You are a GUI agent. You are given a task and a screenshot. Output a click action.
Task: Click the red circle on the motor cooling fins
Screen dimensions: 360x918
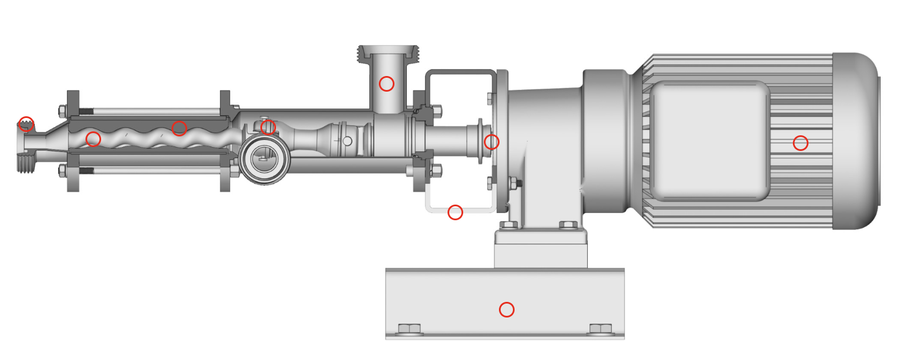[x=800, y=143]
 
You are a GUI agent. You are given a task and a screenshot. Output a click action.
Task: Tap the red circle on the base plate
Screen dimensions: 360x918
[x=506, y=309]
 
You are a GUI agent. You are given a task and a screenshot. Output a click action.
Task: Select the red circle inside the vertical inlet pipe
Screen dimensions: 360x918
[x=386, y=84]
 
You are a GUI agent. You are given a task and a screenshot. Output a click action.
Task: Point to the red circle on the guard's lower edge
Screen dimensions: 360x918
[x=455, y=212]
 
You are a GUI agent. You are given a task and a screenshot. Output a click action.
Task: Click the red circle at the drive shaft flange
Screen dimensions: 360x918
[x=491, y=142]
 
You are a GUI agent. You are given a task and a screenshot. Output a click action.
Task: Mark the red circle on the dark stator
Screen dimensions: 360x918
[x=179, y=128]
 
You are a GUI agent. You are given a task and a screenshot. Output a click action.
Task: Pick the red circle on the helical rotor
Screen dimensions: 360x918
[x=93, y=139]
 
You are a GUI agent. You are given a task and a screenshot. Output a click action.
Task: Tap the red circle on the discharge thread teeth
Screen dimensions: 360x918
[x=26, y=124]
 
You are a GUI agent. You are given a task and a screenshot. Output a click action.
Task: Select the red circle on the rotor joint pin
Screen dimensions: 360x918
[x=268, y=127]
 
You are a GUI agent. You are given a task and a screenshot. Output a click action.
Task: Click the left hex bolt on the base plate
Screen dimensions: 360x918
[x=410, y=328]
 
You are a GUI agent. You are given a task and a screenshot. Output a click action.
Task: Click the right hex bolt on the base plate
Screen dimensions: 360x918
[x=600, y=328]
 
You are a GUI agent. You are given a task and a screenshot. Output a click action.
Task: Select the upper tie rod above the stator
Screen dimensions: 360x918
[x=151, y=111]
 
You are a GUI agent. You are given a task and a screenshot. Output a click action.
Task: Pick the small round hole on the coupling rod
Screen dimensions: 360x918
[x=347, y=141]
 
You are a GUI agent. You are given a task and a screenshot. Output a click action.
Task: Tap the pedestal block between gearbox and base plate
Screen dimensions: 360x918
[x=540, y=249]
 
